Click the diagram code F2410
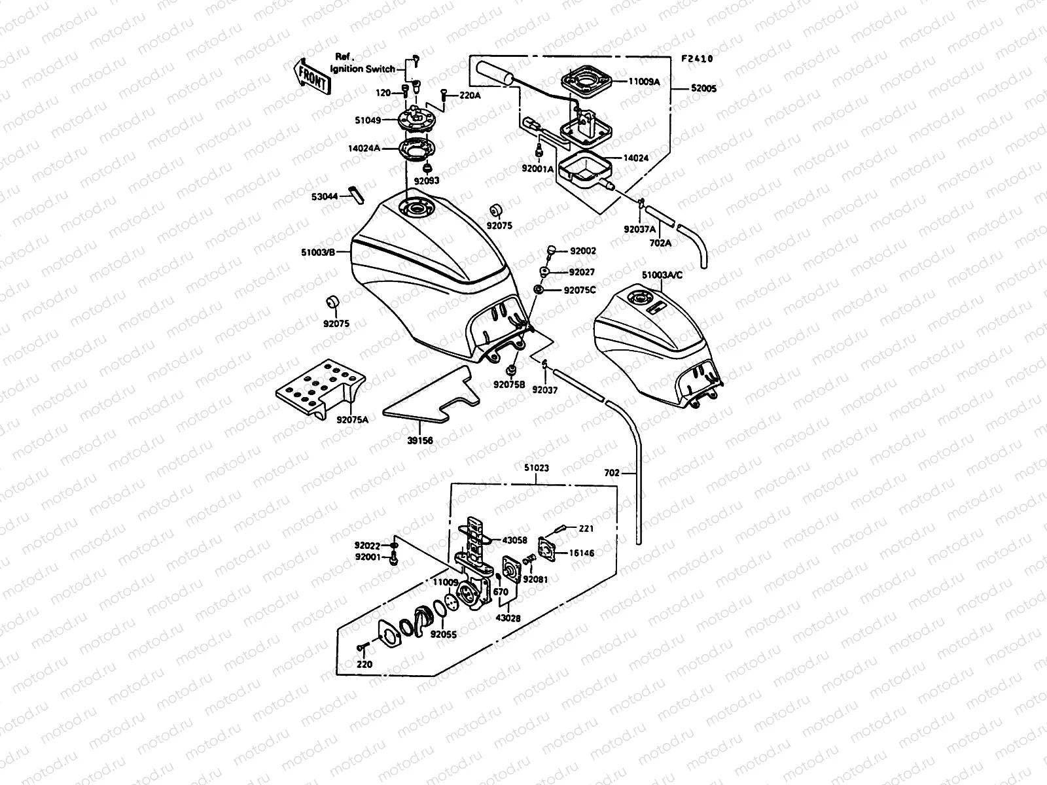pos(697,59)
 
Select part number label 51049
pos(368,120)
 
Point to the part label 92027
pos(582,272)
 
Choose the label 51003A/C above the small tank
pos(662,275)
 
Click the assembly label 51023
pos(536,468)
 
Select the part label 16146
pos(581,553)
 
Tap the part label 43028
pos(508,618)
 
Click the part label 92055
pos(444,634)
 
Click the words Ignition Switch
pos(363,69)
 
